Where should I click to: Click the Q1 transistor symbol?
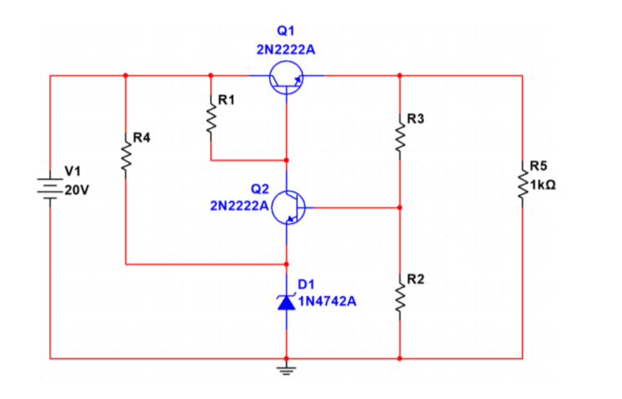pos(287,78)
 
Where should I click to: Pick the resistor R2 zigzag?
pos(400,295)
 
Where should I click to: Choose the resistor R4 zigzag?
pos(125,156)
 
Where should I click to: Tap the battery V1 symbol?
pos(50,185)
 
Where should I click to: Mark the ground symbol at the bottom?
pos(287,367)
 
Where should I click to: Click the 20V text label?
pos(76,189)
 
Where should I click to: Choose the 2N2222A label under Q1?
pos(286,50)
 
